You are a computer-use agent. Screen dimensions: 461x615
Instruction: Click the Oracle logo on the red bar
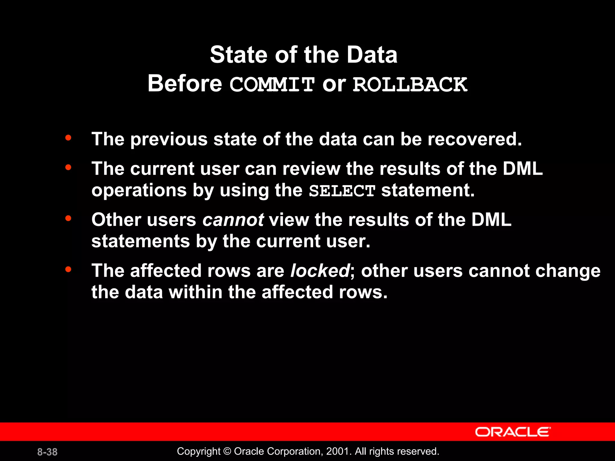513,432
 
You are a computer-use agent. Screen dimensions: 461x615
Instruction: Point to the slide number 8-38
47,452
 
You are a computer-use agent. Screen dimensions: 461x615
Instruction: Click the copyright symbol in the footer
227,451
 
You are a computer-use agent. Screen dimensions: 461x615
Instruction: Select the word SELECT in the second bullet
342,191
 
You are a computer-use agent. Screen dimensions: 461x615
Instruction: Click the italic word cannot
233,220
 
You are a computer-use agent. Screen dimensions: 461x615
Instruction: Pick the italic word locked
320,271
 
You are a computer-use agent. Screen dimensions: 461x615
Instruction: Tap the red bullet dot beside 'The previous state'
68,138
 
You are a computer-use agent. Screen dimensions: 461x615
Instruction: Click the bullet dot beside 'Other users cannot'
68,218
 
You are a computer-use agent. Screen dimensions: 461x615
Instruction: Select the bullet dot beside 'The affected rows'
68,269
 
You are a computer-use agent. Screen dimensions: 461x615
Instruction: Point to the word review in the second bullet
311,169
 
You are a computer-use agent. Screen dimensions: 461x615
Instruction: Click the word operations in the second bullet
139,191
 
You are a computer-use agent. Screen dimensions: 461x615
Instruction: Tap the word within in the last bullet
195,292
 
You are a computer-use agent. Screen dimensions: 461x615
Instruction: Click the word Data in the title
372,55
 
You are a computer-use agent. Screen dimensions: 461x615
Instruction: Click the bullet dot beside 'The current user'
68,167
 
